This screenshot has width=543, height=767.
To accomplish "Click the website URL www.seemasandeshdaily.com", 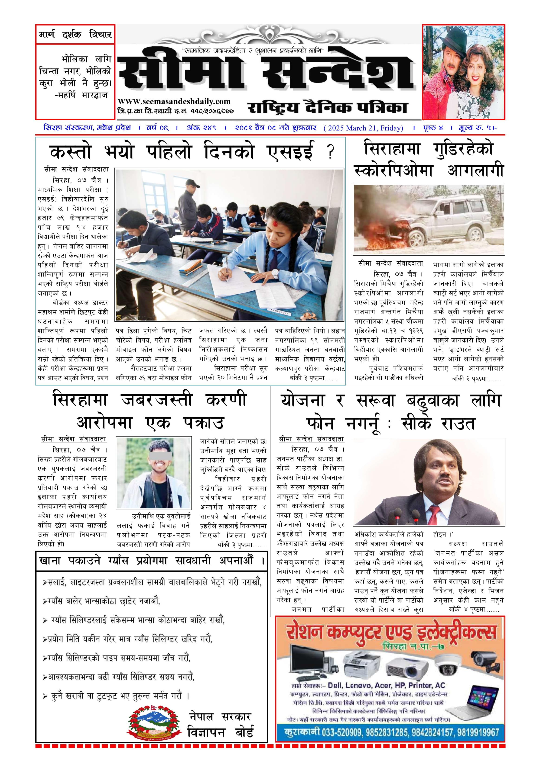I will click(174, 102).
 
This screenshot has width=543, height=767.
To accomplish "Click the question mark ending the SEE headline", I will click(330, 152).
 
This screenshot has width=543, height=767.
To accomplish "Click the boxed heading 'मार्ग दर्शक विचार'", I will click(75, 34).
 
